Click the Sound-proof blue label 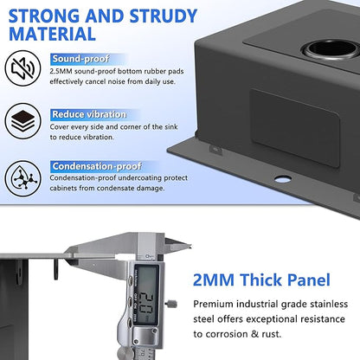[x=80, y=60]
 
